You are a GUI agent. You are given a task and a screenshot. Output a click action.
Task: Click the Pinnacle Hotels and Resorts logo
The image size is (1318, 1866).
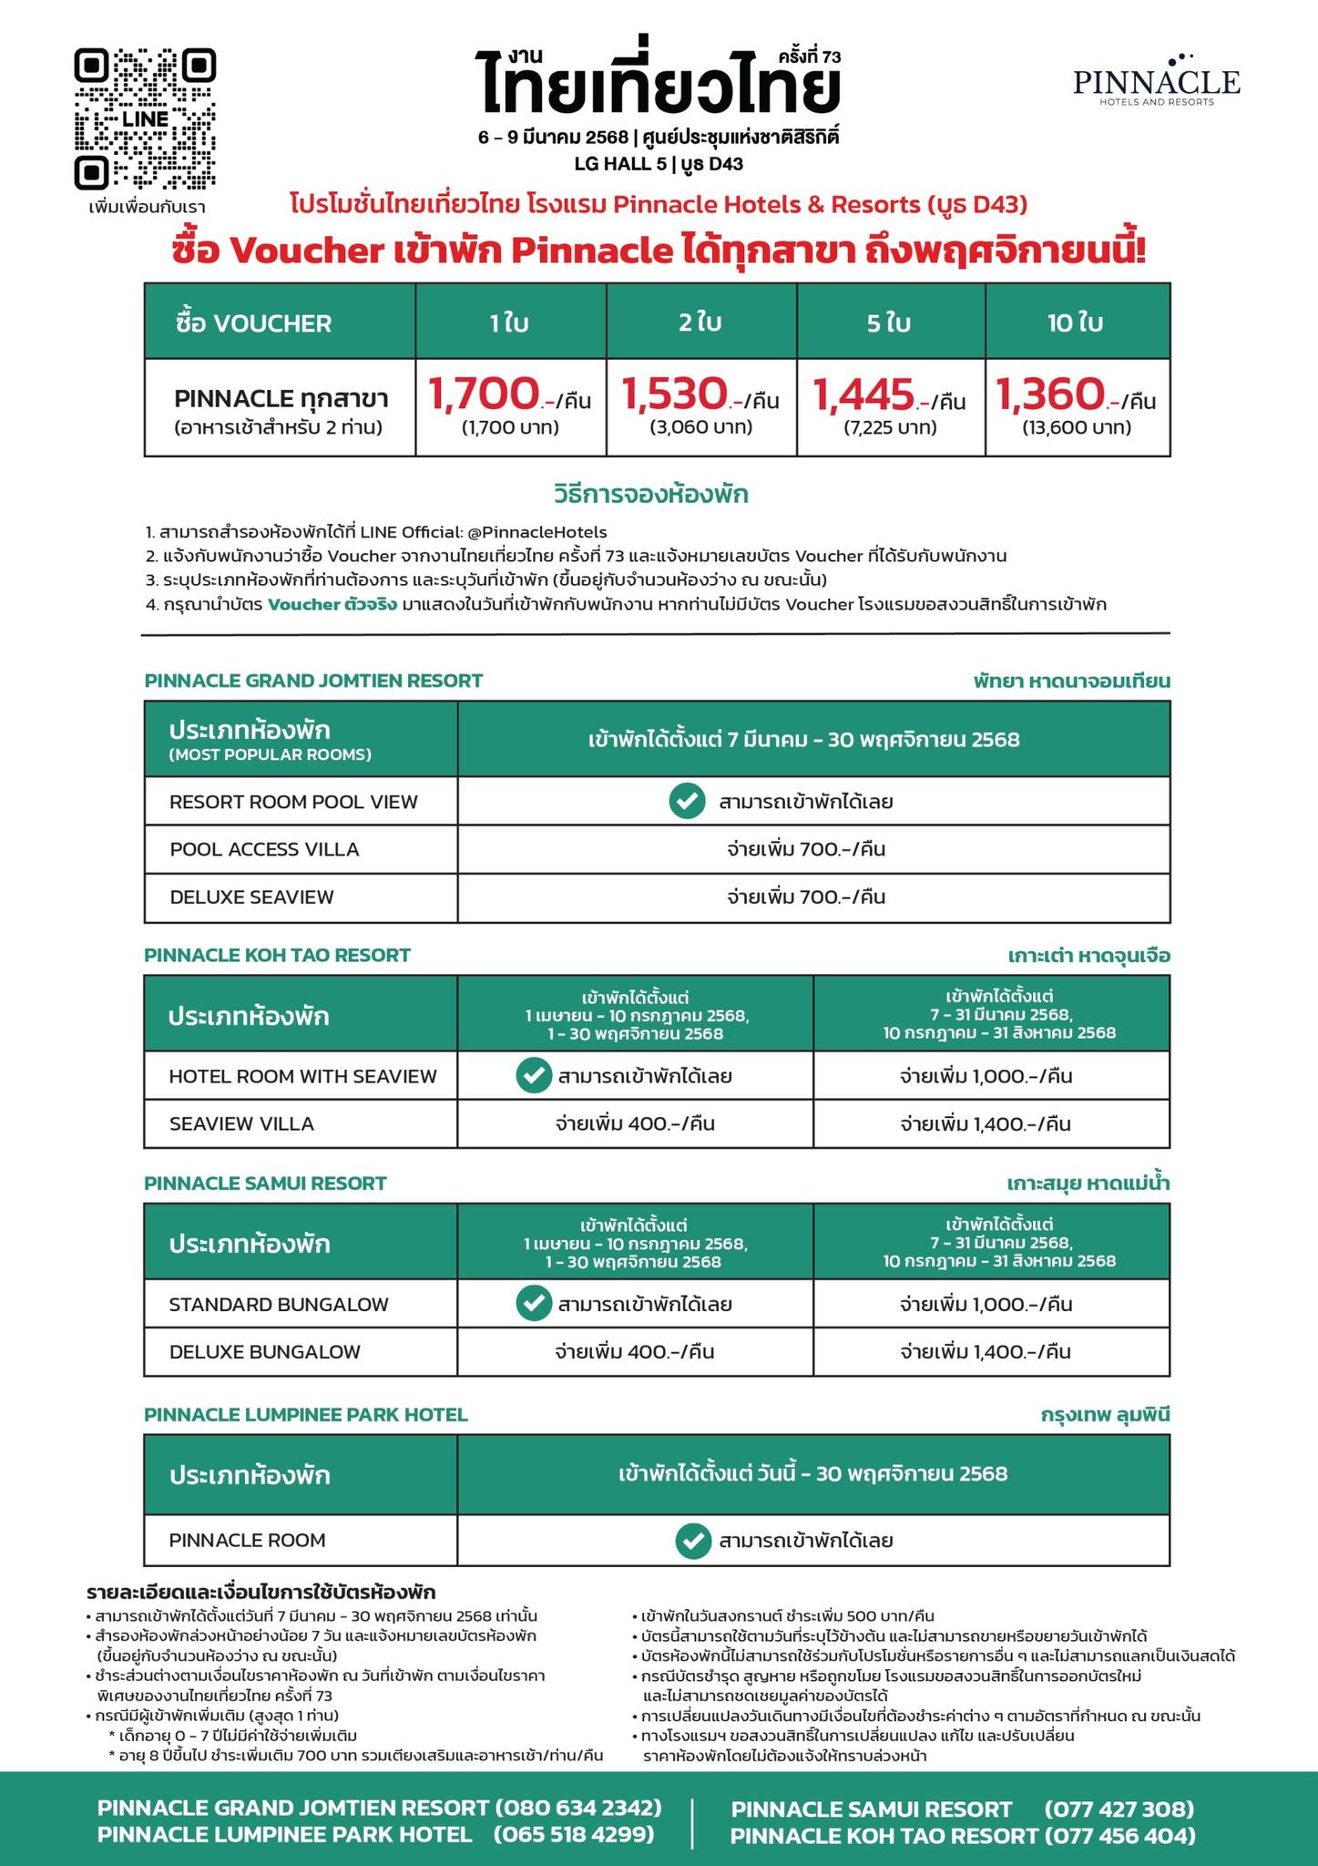click(x=1156, y=80)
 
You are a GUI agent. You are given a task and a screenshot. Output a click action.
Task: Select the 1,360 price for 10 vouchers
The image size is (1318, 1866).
click(x=1049, y=395)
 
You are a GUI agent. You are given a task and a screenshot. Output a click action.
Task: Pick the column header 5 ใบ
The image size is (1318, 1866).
click(x=890, y=323)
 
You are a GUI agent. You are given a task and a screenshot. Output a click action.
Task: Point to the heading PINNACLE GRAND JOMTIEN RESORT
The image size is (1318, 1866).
click(x=313, y=681)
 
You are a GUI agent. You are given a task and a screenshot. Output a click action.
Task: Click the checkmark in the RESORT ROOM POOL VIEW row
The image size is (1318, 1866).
click(x=687, y=802)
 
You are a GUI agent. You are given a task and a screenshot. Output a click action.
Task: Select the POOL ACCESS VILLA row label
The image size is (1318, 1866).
click(x=264, y=849)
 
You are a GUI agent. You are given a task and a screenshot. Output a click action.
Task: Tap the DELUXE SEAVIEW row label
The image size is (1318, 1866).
click(x=251, y=897)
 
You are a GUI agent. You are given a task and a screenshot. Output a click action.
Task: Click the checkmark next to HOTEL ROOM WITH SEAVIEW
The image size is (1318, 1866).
click(x=533, y=1076)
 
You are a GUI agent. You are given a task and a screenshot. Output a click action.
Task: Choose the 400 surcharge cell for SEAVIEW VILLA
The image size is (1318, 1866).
click(x=635, y=1123)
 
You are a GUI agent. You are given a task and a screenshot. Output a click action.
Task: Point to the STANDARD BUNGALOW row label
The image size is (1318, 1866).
click(x=279, y=1304)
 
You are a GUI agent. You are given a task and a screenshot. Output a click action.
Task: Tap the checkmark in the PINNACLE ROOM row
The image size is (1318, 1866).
click(x=693, y=1541)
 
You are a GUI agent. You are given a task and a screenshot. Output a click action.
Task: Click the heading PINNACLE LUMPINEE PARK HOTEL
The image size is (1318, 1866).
click(x=306, y=1415)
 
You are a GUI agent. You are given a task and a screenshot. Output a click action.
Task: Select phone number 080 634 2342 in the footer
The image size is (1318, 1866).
click(x=577, y=1809)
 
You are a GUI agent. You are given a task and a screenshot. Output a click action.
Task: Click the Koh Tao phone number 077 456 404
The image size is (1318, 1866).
click(x=1119, y=1835)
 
